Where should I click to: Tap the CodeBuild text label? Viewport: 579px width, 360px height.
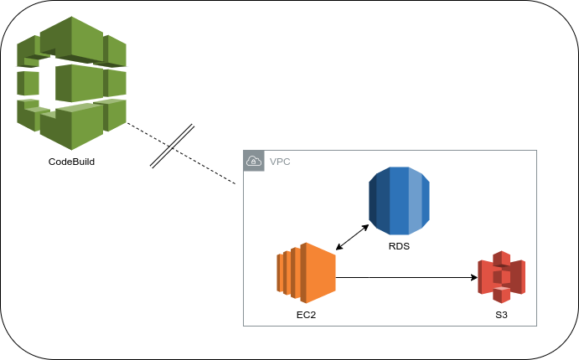click(71, 161)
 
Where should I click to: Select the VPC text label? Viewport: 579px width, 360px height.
click(280, 161)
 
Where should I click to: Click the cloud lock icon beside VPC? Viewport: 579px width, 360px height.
click(254, 161)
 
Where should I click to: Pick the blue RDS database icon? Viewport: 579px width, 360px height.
click(399, 201)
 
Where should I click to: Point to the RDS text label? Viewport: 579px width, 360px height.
click(399, 247)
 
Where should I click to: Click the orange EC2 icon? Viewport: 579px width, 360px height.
click(306, 272)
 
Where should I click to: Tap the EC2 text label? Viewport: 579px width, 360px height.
click(306, 315)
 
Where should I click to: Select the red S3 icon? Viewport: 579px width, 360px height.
click(501, 277)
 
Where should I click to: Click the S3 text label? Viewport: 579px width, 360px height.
click(501, 316)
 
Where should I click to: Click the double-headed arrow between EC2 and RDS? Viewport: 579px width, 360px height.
click(352, 237)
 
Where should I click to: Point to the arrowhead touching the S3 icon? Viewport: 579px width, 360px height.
click(473, 276)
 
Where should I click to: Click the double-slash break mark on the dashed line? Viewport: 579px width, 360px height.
click(173, 147)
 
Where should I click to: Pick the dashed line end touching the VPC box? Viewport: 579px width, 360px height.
click(241, 183)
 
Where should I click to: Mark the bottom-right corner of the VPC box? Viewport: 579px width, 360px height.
click(536, 326)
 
